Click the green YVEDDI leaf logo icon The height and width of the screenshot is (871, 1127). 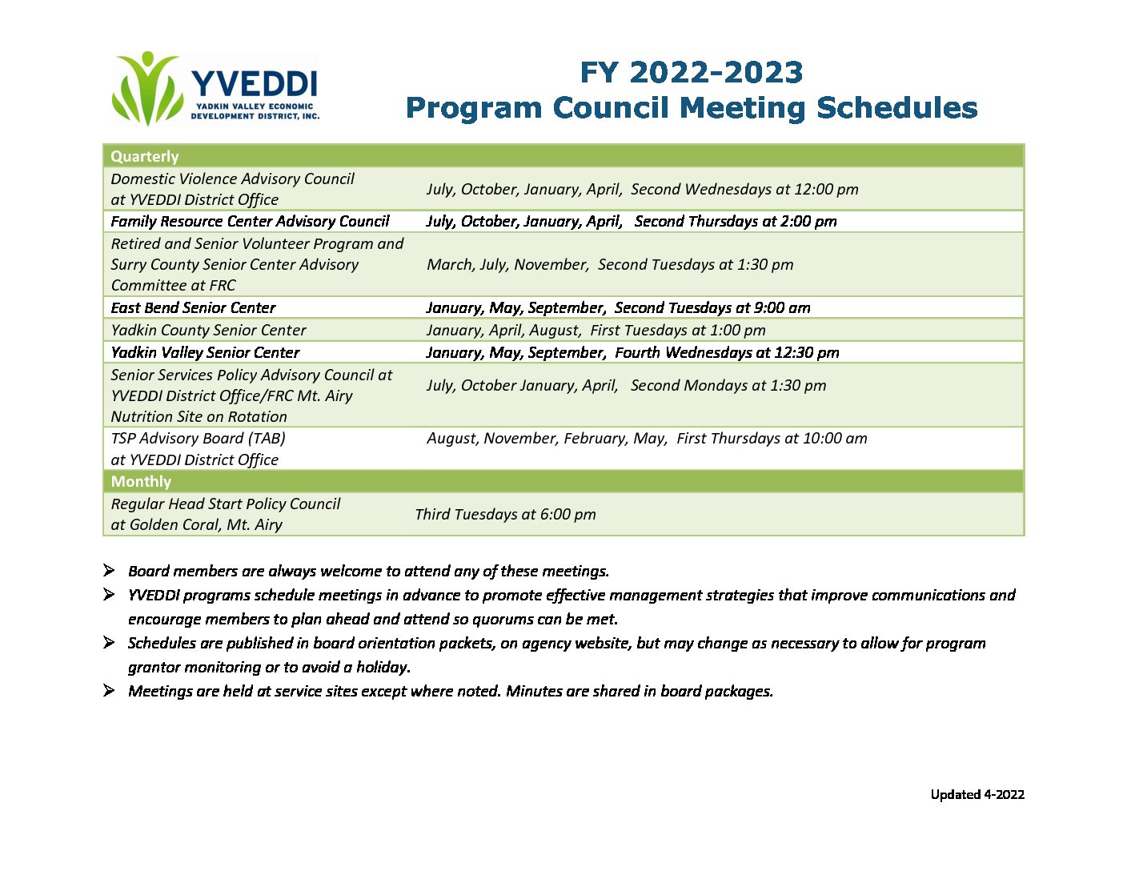click(148, 88)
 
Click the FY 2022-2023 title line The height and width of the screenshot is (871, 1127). click(691, 72)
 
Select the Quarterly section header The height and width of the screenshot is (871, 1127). click(144, 156)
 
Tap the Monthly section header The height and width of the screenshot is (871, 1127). click(141, 481)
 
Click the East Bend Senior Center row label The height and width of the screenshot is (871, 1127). click(193, 307)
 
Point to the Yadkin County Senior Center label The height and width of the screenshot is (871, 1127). click(208, 330)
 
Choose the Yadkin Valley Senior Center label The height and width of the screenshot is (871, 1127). click(205, 352)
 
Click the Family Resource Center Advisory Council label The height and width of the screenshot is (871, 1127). click(250, 222)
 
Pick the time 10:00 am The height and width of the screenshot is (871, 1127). click(835, 439)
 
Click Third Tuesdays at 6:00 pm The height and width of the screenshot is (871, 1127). click(505, 514)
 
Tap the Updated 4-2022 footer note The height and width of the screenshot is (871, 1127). click(977, 794)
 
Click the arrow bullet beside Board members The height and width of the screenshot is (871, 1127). click(108, 570)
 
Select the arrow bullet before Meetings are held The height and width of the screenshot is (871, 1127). click(108, 690)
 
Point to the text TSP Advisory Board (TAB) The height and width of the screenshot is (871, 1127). click(198, 439)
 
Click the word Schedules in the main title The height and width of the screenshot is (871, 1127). click(896, 108)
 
